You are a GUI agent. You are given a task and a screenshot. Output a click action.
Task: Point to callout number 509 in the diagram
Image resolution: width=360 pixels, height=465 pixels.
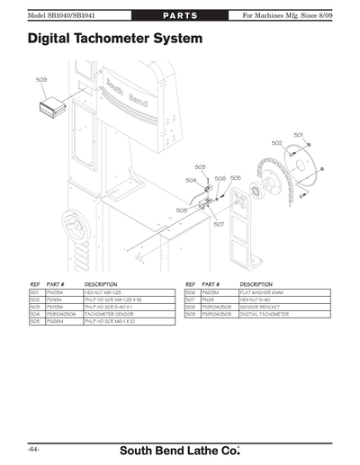(x=41, y=80)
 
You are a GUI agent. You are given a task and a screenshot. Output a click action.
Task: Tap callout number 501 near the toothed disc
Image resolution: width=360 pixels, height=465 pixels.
(x=298, y=135)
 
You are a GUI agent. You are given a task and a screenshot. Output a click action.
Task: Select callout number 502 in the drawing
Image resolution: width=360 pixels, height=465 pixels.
(x=276, y=143)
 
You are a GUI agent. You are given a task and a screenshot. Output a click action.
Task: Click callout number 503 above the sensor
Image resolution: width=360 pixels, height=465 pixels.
(x=200, y=167)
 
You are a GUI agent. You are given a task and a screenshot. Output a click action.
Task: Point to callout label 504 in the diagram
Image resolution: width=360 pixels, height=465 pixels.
(x=191, y=180)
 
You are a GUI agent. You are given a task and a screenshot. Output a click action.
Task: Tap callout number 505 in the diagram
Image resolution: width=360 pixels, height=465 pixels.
(x=235, y=178)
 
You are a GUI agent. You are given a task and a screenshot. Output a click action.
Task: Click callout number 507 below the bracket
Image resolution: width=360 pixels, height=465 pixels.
(x=219, y=225)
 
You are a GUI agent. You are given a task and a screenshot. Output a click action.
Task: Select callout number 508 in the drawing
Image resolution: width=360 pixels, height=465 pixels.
(x=181, y=210)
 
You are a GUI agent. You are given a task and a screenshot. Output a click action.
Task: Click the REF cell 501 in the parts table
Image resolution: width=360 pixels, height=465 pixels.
(x=35, y=292)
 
